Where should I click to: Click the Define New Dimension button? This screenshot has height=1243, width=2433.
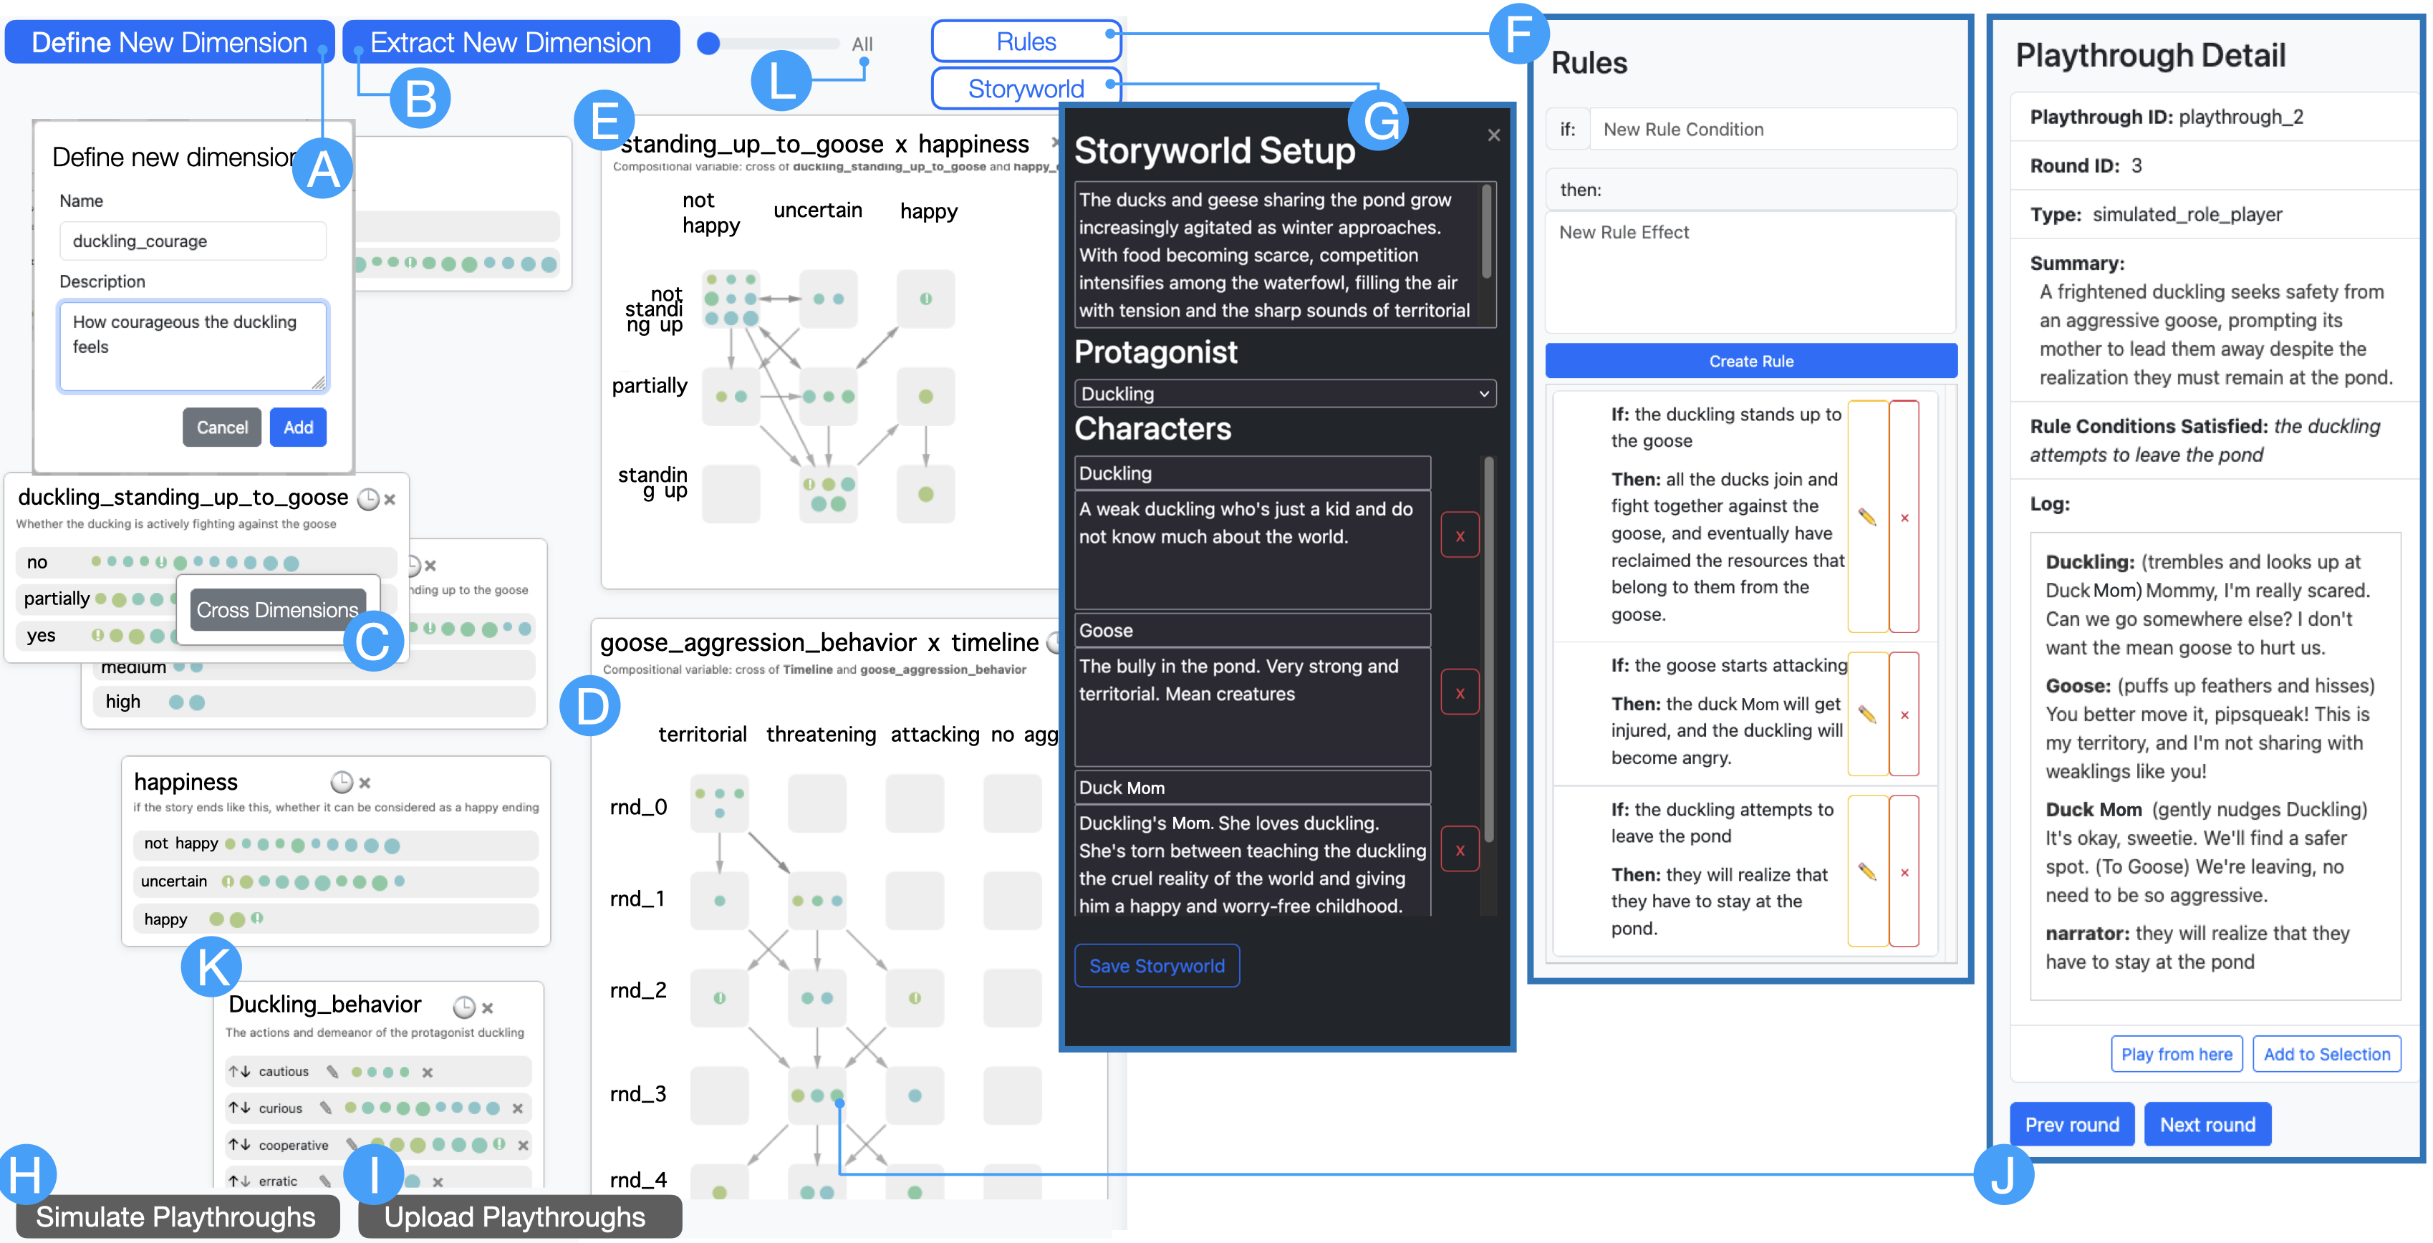coord(169,42)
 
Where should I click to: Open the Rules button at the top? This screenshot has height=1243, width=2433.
coord(1026,42)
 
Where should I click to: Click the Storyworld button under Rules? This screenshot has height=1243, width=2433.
coord(1026,89)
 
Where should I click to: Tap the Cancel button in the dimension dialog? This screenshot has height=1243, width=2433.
coord(222,427)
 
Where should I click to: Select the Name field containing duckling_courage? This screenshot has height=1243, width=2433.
coord(193,241)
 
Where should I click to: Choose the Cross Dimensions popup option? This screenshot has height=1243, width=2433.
coord(276,610)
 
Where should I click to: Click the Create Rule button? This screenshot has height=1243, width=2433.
coord(1750,361)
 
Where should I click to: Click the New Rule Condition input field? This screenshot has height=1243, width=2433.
coord(1772,130)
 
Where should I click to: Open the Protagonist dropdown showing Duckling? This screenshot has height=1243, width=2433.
coord(1284,394)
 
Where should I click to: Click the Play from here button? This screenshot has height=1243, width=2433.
coord(2176,1054)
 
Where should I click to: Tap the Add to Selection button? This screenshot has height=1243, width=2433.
coord(2326,1054)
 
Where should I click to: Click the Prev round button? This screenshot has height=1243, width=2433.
coord(2071,1124)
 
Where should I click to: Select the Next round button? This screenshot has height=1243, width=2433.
coord(2207,1124)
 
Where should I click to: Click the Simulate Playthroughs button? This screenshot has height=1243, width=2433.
coord(175,1217)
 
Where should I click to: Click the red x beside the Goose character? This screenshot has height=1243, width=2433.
coord(1459,693)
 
